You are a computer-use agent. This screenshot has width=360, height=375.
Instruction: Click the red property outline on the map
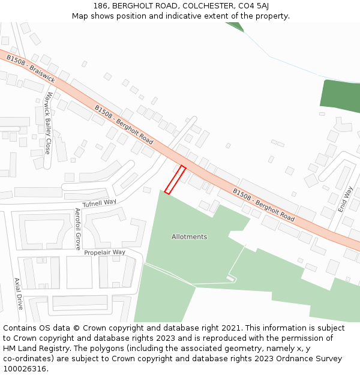point(175,180)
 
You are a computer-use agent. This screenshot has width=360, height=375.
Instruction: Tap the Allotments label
point(189,237)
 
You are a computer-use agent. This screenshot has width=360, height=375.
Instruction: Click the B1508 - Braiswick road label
point(31,69)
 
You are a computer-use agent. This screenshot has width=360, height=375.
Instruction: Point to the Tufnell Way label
point(100,203)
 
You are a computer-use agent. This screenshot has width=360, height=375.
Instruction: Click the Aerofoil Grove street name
point(77,229)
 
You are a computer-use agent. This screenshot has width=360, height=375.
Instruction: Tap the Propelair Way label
point(104,253)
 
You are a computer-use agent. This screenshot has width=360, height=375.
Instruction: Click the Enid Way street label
point(345,199)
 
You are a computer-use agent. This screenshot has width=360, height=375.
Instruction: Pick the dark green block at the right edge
point(341,96)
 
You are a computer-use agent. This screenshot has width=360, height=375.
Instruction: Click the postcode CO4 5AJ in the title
point(253,6)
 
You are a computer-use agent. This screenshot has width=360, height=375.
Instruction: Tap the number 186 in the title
point(101,6)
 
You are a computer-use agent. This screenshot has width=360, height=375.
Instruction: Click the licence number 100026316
point(24,368)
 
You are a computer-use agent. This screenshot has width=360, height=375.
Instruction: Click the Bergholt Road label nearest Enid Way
point(263,205)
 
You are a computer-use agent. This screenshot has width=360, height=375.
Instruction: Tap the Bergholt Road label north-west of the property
point(124,124)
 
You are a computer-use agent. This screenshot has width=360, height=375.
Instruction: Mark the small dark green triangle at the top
point(235,26)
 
